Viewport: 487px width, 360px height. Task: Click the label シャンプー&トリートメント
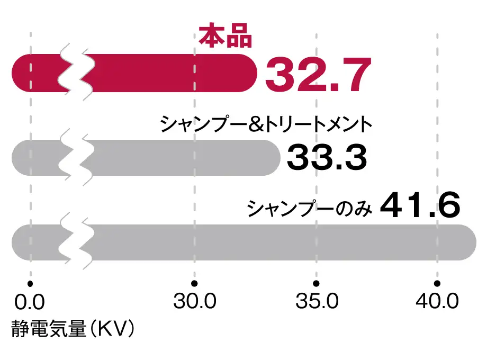pyautogui.click(x=267, y=125)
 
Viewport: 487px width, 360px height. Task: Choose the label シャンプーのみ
pyautogui.click(x=311, y=208)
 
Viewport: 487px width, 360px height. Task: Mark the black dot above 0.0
pyautogui.click(x=31, y=282)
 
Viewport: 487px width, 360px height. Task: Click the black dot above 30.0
pyautogui.click(x=195, y=282)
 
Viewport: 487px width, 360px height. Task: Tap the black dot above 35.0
pyautogui.click(x=316, y=282)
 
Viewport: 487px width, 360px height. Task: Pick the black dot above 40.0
pyautogui.click(x=437, y=282)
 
